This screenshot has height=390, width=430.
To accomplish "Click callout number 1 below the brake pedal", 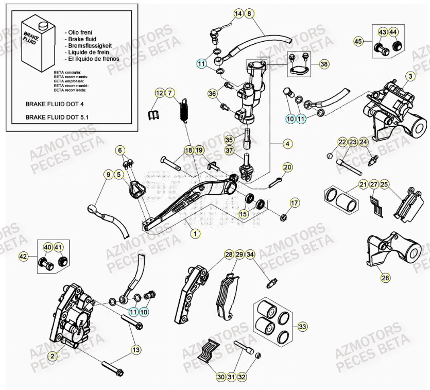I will pos(195,233).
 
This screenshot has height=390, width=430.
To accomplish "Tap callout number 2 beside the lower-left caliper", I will pos(51,355).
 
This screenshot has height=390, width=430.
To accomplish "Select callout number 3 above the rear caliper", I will pos(410,76).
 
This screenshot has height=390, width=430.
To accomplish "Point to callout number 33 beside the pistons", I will pos(302,327).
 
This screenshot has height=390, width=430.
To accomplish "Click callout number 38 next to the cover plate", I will pos(323,64).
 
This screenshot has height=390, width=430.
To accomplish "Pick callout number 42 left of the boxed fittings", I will pos(23,256).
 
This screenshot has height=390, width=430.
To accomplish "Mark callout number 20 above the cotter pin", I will pos(287,167).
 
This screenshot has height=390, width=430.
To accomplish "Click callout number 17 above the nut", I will pos(294,203).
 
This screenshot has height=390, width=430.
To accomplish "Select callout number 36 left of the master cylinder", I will pos(212,93).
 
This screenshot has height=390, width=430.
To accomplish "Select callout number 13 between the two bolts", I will pos(135,350).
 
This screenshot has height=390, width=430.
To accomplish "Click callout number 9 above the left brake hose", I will pos(108,175).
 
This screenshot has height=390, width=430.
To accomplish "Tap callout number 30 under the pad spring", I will pos(220,378).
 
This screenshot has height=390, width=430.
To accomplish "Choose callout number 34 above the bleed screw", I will pos(250,254).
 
